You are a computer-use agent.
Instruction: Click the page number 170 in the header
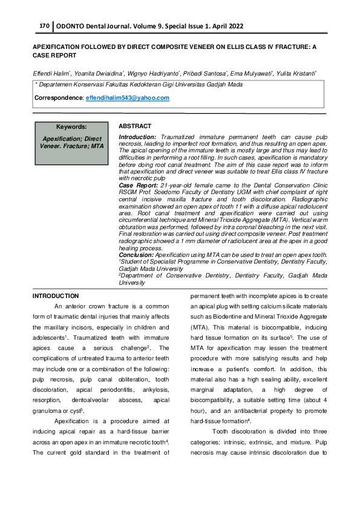pyautogui.click(x=44, y=27)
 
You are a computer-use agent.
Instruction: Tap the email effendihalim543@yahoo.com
pyautogui.click(x=128, y=98)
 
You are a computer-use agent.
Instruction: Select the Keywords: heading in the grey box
pyautogui.click(x=71, y=128)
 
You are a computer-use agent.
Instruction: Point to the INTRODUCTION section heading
pyautogui.click(x=56, y=296)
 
